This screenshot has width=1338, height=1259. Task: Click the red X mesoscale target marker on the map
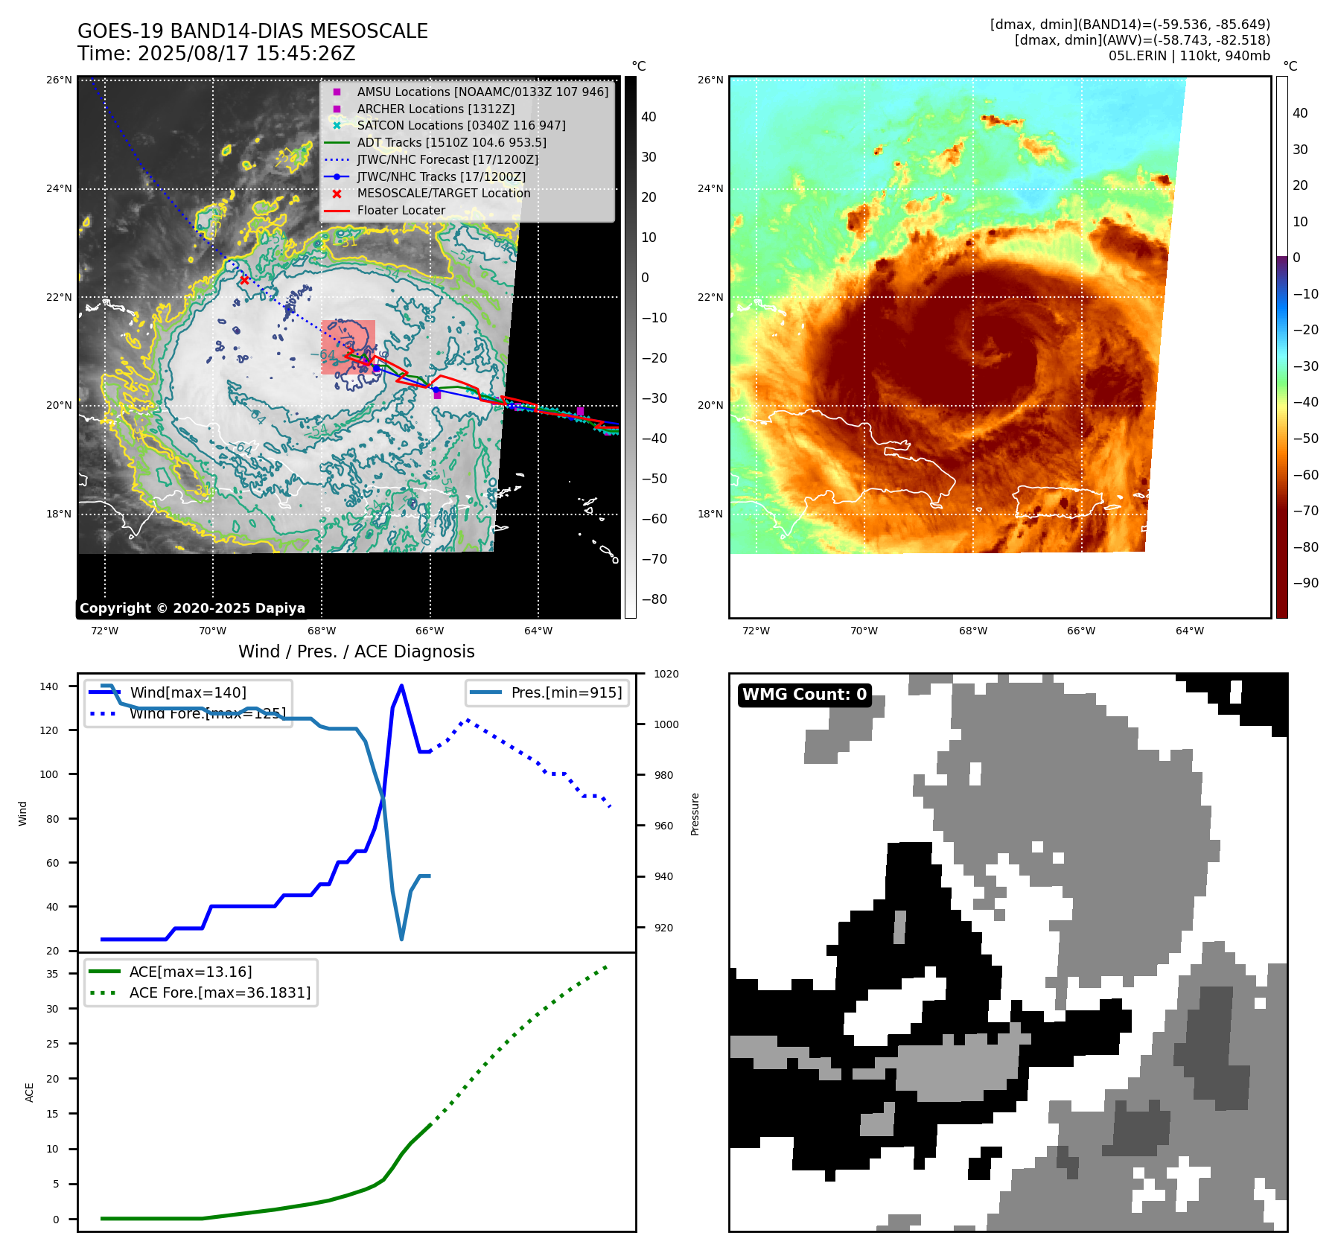click(x=244, y=280)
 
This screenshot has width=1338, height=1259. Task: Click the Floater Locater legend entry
click(x=401, y=210)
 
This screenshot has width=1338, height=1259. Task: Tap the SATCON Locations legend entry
click(x=461, y=125)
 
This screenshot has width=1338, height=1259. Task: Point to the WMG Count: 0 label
click(x=804, y=695)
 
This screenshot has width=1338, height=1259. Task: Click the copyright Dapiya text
click(x=192, y=608)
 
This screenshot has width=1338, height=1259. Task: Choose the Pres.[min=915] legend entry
click(x=566, y=692)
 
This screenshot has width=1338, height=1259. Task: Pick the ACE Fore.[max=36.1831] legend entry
click(x=220, y=992)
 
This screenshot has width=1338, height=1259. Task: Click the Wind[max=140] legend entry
click(x=188, y=692)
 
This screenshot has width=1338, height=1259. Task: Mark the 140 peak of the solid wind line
click(x=401, y=686)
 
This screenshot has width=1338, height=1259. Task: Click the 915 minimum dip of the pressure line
click(x=401, y=939)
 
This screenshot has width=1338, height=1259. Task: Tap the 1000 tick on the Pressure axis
click(x=666, y=724)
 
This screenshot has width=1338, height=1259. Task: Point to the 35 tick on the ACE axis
click(x=53, y=974)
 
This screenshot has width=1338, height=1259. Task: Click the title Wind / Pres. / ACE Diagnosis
click(x=356, y=651)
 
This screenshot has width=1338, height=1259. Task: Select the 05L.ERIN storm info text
click(x=1188, y=56)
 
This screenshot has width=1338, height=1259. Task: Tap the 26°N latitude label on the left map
click(x=59, y=80)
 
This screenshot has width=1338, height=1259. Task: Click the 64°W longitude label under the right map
click(x=1189, y=631)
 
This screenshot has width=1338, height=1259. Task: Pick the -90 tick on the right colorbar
click(x=1305, y=583)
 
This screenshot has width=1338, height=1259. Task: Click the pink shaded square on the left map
click(x=348, y=347)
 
